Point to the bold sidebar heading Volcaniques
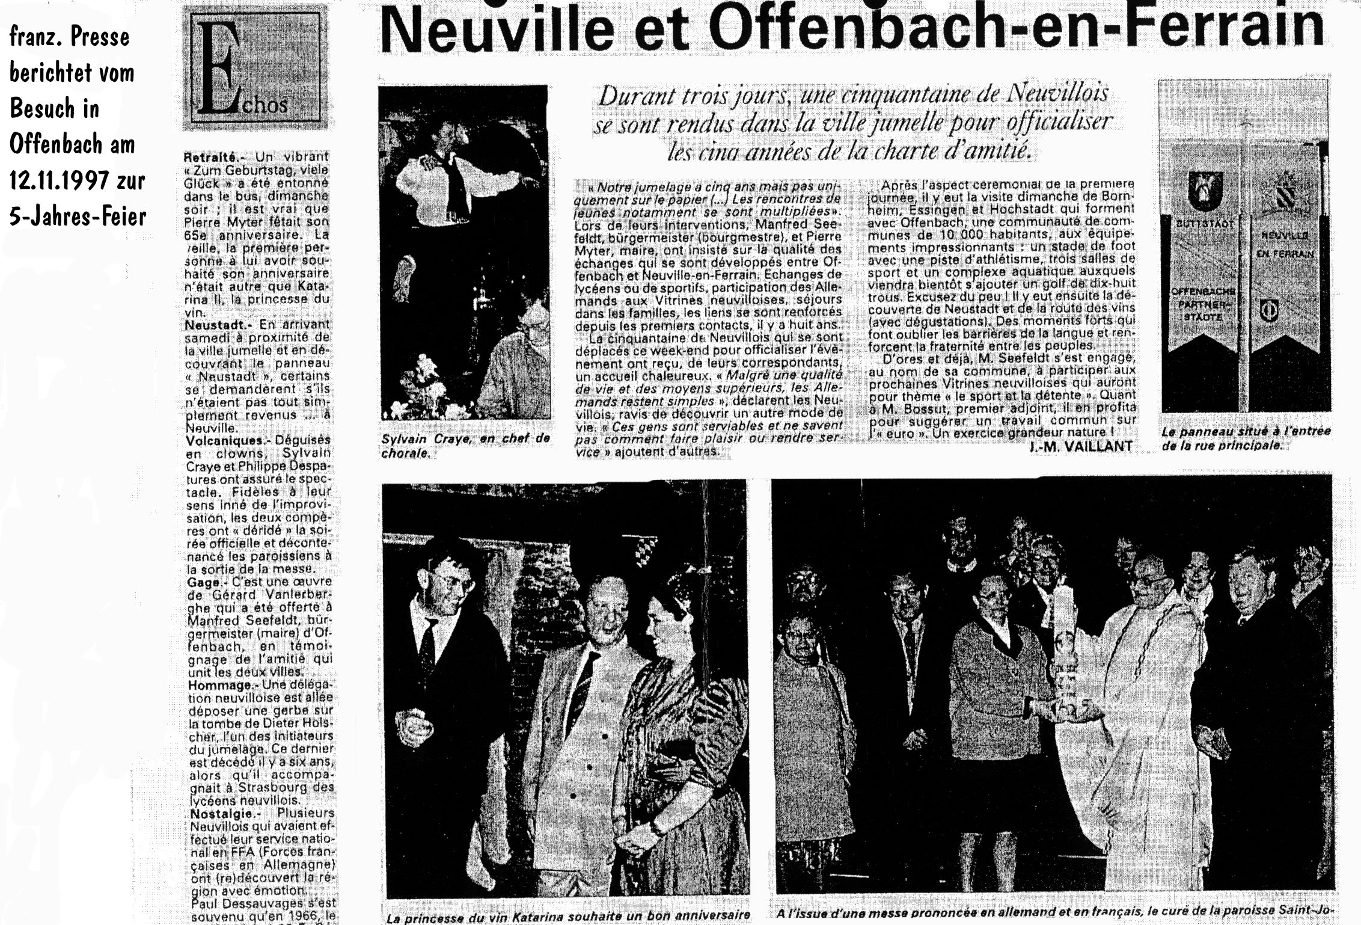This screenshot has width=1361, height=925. (220, 441)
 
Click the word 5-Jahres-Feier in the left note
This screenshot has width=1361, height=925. (78, 215)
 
